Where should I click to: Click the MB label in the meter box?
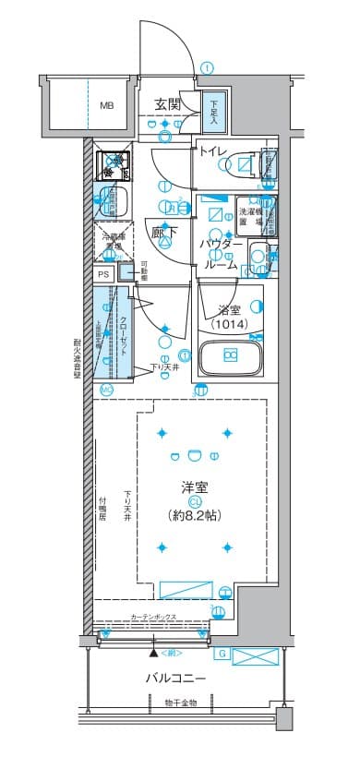point(106,105)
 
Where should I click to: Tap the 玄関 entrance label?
point(167,103)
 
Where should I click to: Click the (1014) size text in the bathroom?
point(228,324)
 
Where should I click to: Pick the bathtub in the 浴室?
point(229,357)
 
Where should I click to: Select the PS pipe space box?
point(103,274)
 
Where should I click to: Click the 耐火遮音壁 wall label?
point(78,366)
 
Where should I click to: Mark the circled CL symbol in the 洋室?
point(195,501)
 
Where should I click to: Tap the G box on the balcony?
point(222,655)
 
